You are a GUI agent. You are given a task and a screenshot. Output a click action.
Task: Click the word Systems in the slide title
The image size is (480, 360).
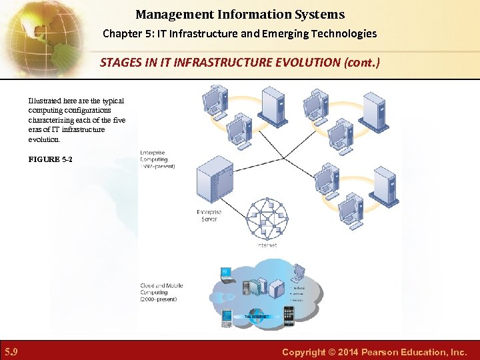click(x=321, y=14)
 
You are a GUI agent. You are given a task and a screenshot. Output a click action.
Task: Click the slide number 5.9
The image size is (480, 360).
click(x=11, y=351)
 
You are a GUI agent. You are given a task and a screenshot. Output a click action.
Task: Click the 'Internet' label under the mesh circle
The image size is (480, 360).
click(x=266, y=245)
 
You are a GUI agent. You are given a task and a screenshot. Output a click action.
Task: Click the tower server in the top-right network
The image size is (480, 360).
click(x=374, y=109)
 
